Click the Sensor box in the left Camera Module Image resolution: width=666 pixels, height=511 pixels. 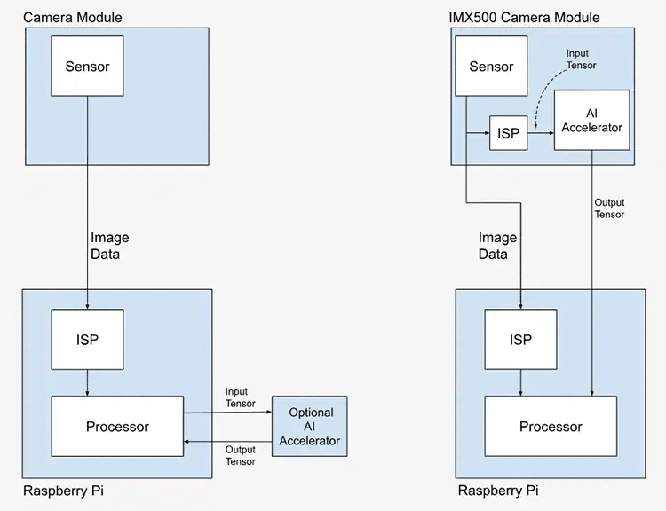point(87,66)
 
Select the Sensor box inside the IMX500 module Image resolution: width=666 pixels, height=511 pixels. point(491,67)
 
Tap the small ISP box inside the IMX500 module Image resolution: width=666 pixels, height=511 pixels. point(508,133)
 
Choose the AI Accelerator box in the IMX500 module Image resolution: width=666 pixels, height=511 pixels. point(591,120)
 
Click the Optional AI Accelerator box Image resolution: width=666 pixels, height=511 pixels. point(310,427)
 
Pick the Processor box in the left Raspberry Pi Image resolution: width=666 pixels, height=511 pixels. point(117,427)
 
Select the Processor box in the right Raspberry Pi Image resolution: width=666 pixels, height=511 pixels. point(551,427)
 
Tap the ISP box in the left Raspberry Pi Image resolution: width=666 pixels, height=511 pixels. point(87,339)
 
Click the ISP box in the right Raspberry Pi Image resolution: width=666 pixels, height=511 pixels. point(520,339)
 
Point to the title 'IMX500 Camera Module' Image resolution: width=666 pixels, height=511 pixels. point(524,17)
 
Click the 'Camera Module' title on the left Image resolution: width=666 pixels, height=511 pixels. point(73,17)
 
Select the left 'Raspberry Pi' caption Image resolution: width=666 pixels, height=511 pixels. point(63,491)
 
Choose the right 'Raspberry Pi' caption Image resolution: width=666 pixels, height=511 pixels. point(497,491)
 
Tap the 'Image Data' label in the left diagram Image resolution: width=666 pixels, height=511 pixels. point(110,246)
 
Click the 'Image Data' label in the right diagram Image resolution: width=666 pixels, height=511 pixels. point(497,246)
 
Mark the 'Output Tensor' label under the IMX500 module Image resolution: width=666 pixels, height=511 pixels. point(609,208)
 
